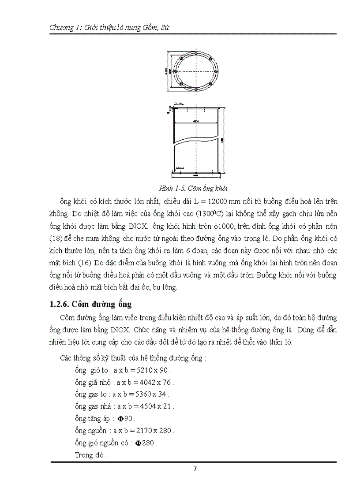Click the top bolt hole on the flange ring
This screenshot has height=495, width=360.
coord(195,53)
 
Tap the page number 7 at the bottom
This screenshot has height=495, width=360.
coord(195,469)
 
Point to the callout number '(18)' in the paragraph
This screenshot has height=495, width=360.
coord(56,240)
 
